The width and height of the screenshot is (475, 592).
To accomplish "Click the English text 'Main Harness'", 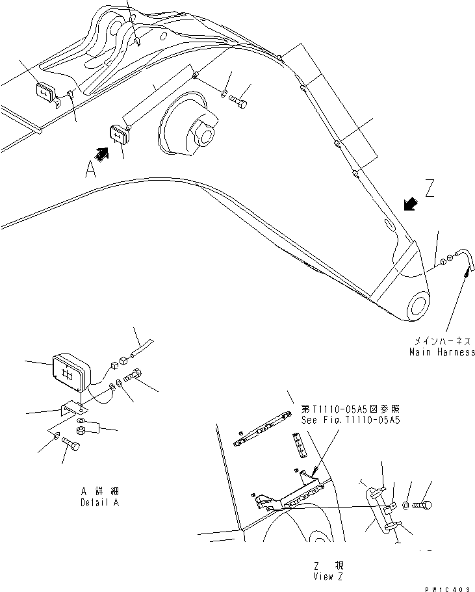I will pyautogui.click(x=442, y=352).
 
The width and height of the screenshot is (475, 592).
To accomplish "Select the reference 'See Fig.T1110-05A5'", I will pyautogui.click(x=350, y=420).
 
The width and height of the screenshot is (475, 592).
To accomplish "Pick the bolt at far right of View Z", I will pyautogui.click(x=427, y=504).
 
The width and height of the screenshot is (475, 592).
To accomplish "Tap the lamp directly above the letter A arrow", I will pyautogui.click(x=120, y=135).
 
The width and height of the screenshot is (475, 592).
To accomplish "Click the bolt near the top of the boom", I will pyautogui.click(x=238, y=102).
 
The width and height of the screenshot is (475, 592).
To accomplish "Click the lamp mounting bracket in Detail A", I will pyautogui.click(x=73, y=409).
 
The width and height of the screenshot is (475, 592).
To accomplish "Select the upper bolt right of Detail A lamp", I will pyautogui.click(x=134, y=376).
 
